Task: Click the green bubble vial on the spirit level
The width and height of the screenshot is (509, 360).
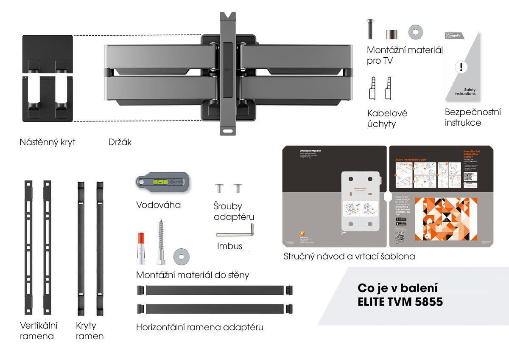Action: [160, 182]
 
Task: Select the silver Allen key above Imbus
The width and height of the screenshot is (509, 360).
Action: [235, 232]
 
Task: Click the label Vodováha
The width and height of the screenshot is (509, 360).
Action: [158, 205]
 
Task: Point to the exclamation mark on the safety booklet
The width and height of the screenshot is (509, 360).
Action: [461, 67]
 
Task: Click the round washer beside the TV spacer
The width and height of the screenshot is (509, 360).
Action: [416, 32]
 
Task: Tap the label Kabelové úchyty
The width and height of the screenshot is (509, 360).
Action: [387, 118]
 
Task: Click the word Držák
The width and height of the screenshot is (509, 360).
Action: [120, 142]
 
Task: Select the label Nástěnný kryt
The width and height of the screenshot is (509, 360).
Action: [48, 142]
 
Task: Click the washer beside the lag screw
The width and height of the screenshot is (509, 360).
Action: [181, 256]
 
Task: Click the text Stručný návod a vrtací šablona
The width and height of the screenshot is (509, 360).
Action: [349, 256]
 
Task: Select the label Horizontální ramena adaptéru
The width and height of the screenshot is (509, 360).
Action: [200, 327]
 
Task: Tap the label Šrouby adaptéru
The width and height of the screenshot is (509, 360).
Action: [234, 211]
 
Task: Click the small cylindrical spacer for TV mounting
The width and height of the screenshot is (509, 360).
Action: [392, 34]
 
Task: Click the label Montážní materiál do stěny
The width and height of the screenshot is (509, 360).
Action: [193, 275]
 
